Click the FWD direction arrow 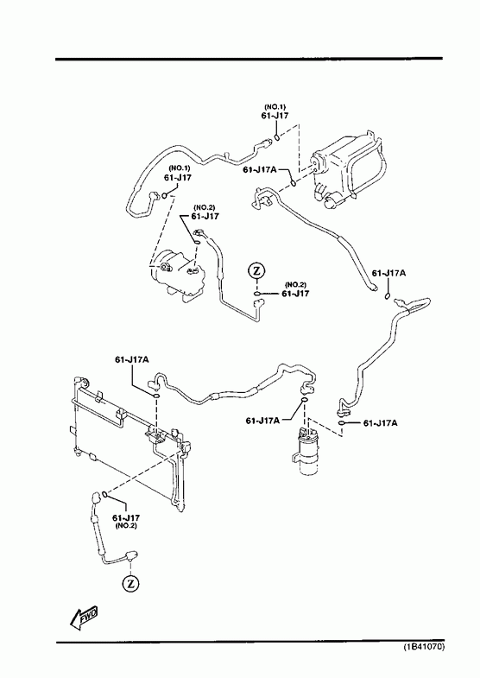[84, 617]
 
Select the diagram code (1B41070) [424, 647]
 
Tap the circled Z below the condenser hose [130, 584]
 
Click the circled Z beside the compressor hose [256, 271]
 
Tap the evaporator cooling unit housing [348, 171]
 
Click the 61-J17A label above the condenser [132, 360]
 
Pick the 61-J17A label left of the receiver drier [263, 421]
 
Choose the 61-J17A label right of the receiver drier [380, 423]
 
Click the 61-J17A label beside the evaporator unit [260, 170]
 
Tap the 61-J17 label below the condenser [126, 517]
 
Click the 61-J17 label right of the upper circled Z [295, 294]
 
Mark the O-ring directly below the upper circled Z [257, 295]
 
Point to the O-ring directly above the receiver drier [305, 401]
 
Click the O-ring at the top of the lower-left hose [104, 494]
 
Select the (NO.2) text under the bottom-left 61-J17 [126, 526]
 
